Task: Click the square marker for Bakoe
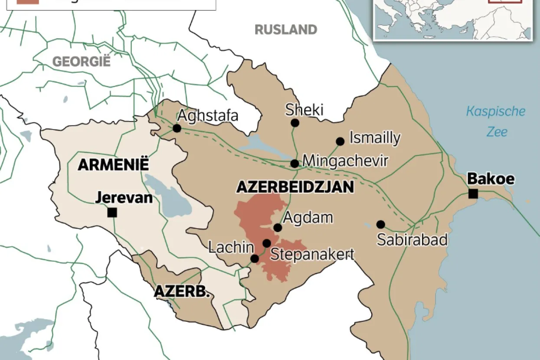(x=473, y=194)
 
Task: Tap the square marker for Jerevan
(x=112, y=213)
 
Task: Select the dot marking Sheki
(x=295, y=123)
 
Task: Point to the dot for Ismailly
(x=340, y=141)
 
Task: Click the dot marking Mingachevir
(x=295, y=164)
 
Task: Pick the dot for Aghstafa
(x=177, y=128)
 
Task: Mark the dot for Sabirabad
(x=380, y=224)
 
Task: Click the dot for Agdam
(x=278, y=228)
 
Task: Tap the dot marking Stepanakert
(x=267, y=243)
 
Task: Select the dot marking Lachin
(x=255, y=259)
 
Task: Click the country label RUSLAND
(x=285, y=29)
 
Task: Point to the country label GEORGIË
(x=82, y=62)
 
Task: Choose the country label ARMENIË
(x=113, y=165)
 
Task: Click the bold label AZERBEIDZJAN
(x=295, y=187)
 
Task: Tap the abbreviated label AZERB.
(x=182, y=291)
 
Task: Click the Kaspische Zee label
(x=495, y=121)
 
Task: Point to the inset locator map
(x=453, y=20)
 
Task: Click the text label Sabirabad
(x=412, y=239)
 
